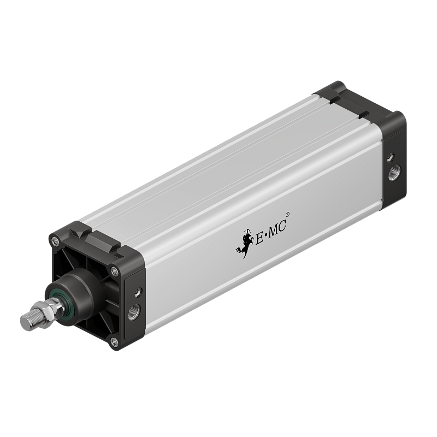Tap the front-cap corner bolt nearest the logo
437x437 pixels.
coord(114,269)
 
